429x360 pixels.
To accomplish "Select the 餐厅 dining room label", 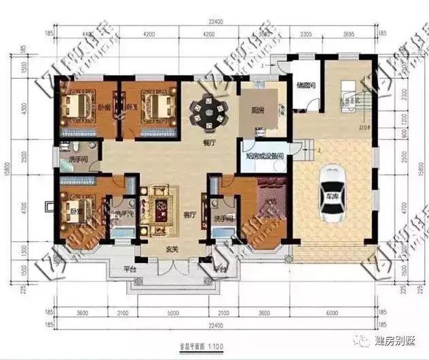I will click(x=209, y=144).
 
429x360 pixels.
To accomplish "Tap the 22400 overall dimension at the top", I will click(x=214, y=21).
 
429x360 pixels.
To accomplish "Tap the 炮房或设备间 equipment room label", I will click(x=265, y=156).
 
